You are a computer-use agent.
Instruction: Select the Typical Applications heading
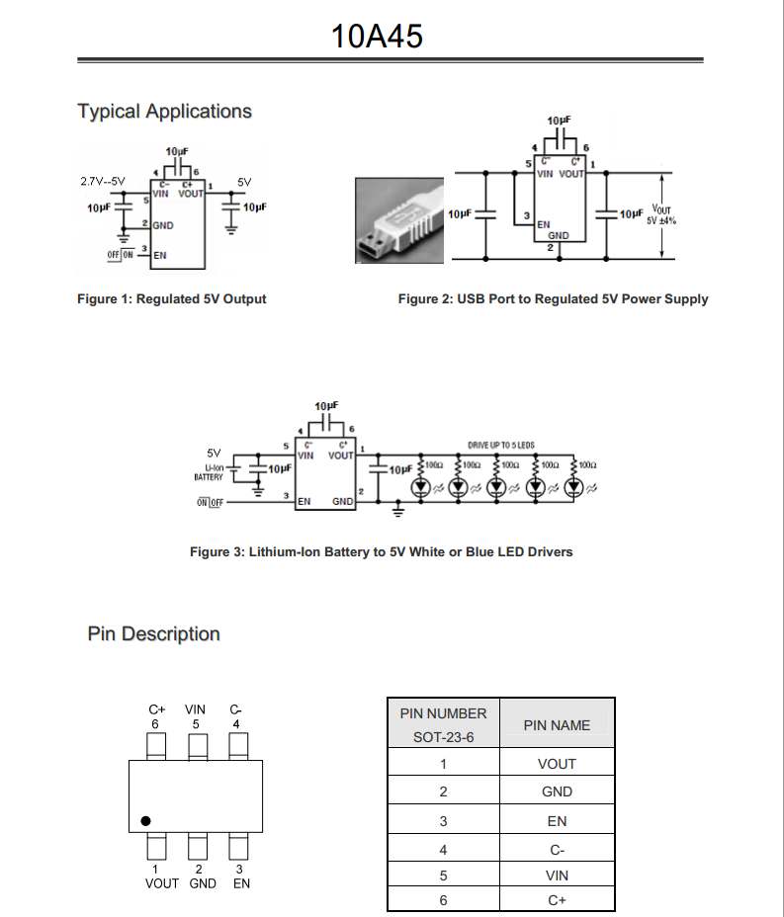tap(165, 112)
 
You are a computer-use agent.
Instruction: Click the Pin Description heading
tap(154, 633)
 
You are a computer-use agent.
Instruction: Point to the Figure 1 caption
tap(172, 298)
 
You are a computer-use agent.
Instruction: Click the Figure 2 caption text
tap(553, 298)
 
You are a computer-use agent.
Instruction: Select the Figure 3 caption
tap(381, 551)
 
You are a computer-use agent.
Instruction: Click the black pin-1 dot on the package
tap(145, 820)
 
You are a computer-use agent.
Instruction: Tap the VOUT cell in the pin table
tap(557, 764)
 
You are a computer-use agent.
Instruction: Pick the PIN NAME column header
tap(557, 725)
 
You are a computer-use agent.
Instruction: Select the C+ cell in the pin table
tap(557, 899)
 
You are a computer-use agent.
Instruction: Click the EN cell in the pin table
tap(557, 821)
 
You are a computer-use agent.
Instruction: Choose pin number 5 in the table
tap(443, 875)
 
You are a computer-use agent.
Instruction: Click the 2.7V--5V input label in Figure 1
tap(103, 182)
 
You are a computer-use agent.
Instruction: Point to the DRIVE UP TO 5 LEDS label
tap(501, 446)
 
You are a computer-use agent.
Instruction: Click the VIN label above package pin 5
tap(196, 709)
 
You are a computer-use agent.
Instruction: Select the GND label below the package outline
tap(202, 883)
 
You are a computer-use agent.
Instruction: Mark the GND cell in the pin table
tap(557, 792)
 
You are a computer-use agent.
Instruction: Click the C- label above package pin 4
tap(235, 709)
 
